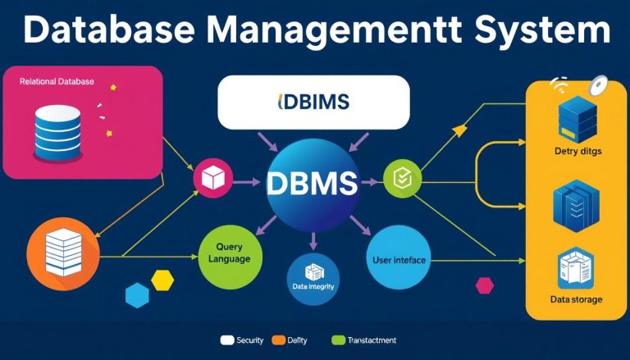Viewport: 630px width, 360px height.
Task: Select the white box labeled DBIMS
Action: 313,102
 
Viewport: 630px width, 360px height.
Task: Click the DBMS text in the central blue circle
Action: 312,183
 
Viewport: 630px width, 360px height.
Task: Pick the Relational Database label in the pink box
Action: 57,82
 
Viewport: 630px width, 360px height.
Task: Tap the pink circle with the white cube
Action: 213,177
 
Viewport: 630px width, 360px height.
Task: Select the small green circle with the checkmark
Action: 402,176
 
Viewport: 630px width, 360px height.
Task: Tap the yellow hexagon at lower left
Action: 162,280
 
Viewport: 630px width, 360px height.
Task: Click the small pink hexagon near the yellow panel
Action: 485,285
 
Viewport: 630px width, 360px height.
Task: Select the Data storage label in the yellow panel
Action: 576,299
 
